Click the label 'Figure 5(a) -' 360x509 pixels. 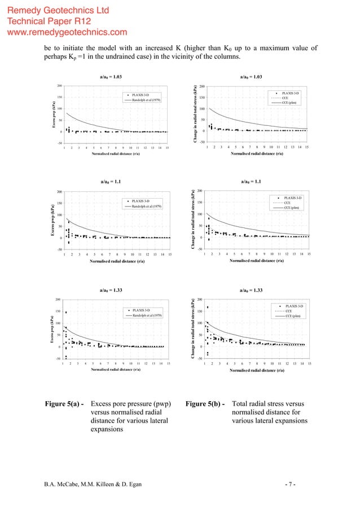click(65, 404)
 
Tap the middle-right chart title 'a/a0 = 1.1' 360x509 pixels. click(252, 182)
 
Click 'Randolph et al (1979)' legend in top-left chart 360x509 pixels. click(147, 100)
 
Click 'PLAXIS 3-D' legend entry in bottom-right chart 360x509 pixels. click(293, 306)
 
